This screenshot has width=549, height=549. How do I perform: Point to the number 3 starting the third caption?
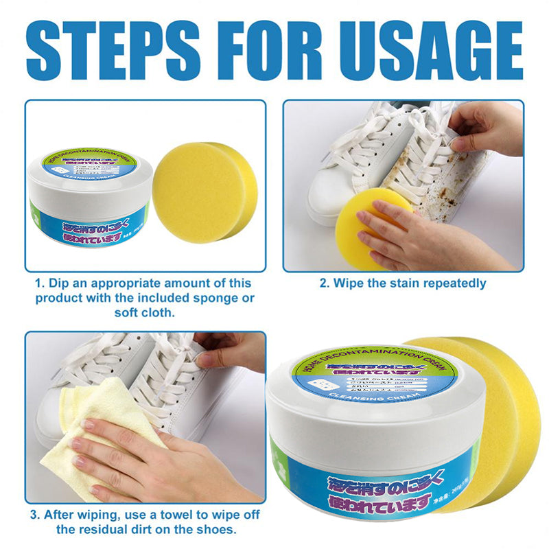click(33, 515)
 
